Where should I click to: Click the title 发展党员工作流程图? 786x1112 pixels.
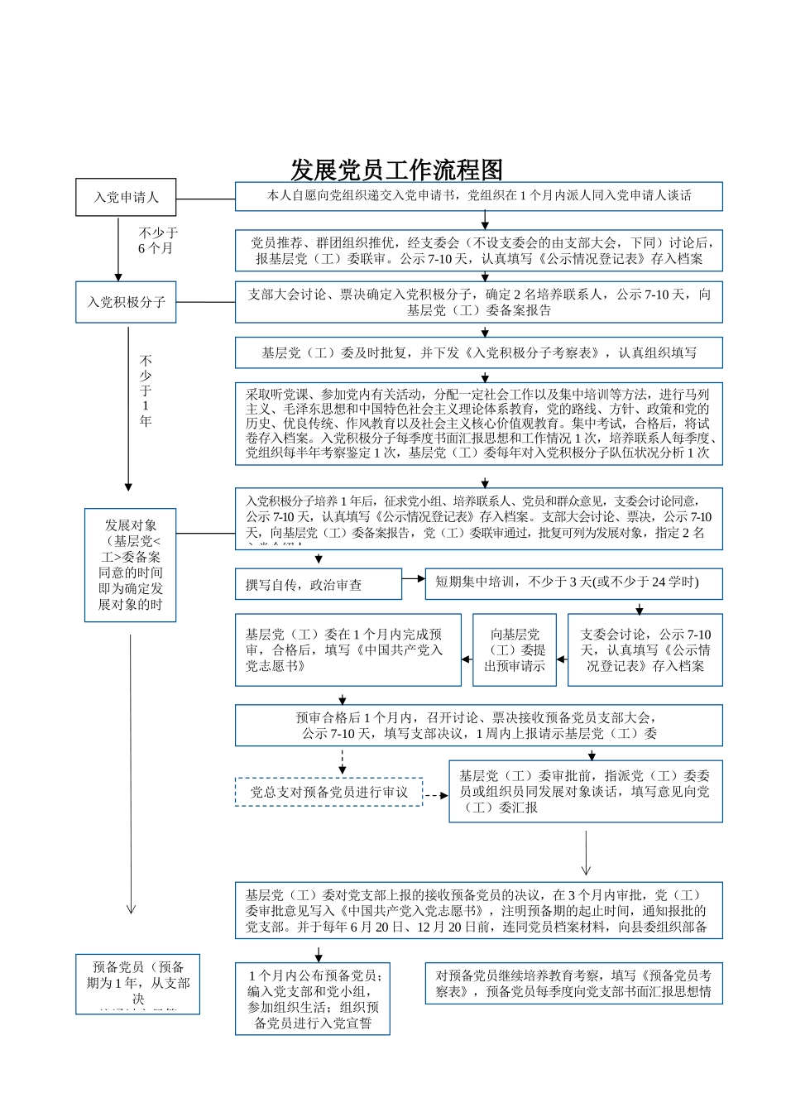click(396, 170)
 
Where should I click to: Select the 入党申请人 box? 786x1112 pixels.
click(126, 198)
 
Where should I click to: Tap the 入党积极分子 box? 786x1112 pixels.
click(126, 302)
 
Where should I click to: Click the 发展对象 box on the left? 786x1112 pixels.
click(130, 565)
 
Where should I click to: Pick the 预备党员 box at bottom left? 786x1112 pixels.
click(138, 984)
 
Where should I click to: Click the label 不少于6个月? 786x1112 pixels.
click(157, 241)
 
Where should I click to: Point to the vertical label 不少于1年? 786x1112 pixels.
click(146, 391)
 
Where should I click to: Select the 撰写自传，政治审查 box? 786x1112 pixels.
click(319, 584)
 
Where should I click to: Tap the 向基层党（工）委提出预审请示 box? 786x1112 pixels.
click(515, 649)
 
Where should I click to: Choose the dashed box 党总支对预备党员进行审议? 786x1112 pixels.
click(328, 792)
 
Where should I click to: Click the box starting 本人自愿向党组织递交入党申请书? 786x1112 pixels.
click(478, 196)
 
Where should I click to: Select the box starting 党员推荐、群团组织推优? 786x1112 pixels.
click(478, 251)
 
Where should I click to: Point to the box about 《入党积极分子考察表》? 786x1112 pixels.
click(478, 352)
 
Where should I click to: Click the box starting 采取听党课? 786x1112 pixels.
click(478, 422)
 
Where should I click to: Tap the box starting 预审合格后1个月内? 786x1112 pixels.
click(478, 726)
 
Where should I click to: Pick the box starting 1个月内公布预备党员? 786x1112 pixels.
click(312, 999)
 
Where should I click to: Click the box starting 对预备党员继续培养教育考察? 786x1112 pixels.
click(573, 984)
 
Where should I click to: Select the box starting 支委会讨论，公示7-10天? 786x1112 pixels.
click(645, 649)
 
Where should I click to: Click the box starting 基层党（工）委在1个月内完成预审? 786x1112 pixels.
click(347, 649)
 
